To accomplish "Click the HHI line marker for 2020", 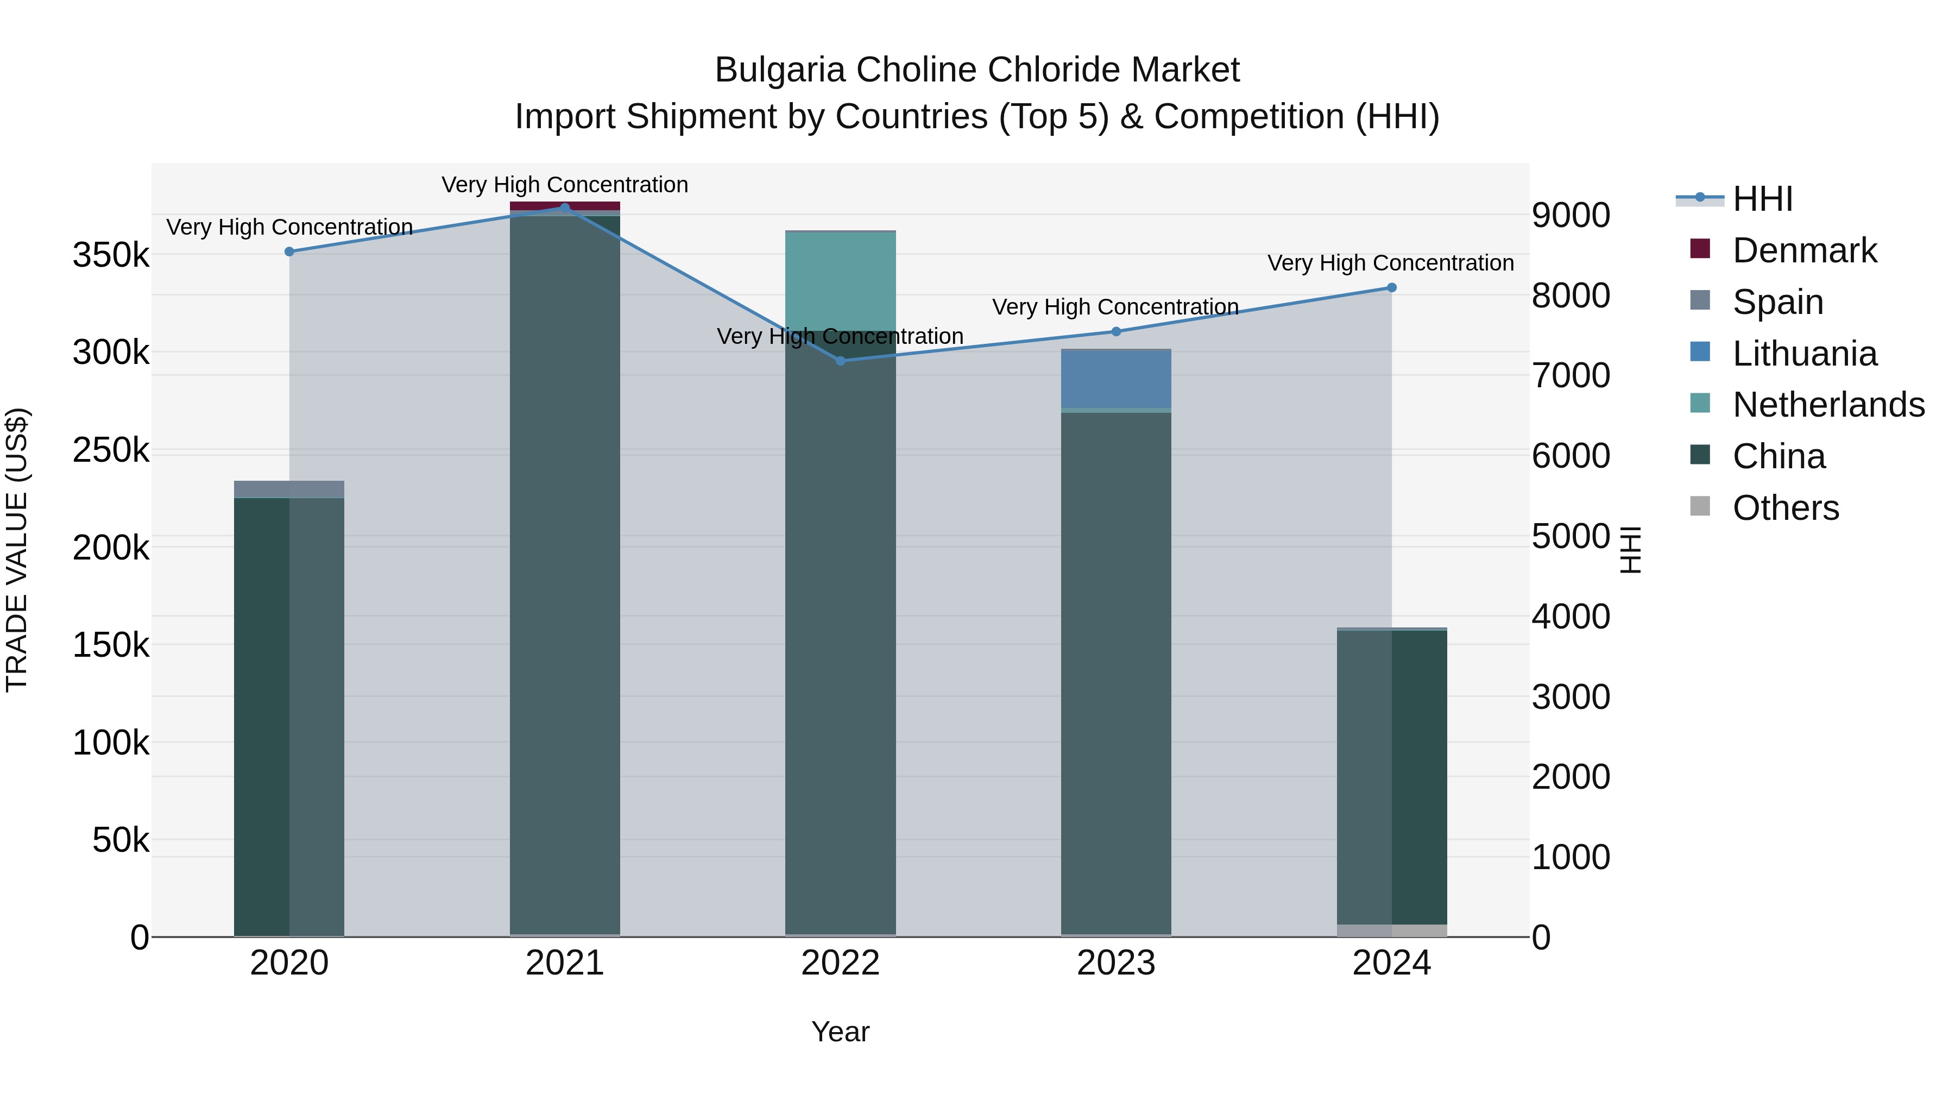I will tap(289, 252).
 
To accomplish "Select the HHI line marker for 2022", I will tap(840, 361).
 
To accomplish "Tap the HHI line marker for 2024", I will tap(1391, 288).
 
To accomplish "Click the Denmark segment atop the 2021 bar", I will tap(565, 206).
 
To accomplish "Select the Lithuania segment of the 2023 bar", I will tap(1115, 380).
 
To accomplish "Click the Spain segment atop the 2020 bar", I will tap(289, 489).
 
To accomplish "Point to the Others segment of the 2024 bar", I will tap(1391, 930).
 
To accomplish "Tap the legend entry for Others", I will tap(1785, 508).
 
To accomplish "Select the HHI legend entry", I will tap(1762, 199).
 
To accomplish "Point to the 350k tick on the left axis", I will tap(111, 255).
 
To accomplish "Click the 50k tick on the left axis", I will tap(121, 840).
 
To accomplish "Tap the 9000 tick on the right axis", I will tap(1570, 216).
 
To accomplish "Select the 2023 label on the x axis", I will tap(1115, 963).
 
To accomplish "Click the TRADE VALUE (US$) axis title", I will tap(17, 550).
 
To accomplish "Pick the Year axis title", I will tap(840, 1032).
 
